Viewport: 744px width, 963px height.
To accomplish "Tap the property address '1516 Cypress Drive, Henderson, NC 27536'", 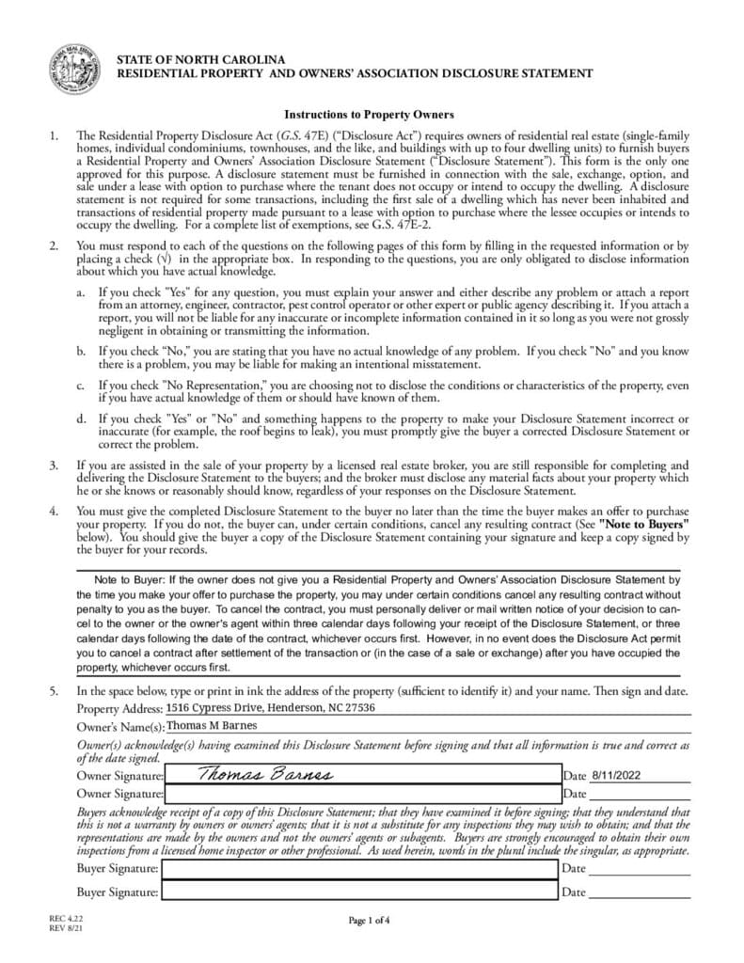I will click(271, 707).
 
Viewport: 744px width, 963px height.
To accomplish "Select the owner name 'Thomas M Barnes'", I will click(211, 725).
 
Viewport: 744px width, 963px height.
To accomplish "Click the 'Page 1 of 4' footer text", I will click(369, 920).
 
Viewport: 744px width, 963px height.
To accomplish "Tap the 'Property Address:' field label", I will click(119, 708).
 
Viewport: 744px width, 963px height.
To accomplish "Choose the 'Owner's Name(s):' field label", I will click(120, 727).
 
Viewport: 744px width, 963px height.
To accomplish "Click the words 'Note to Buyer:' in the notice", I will click(127, 580).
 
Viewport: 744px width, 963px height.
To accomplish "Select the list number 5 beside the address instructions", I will click(54, 691).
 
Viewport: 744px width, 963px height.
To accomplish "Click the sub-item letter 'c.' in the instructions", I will click(82, 385).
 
